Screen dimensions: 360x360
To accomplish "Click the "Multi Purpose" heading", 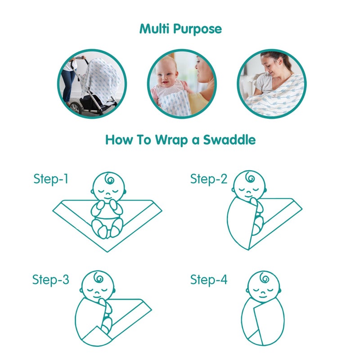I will pos(180,29).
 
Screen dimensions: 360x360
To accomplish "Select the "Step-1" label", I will pos(51,179).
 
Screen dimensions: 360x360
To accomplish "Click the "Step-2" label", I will pos(209,179).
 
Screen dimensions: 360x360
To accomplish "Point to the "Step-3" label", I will pos(51,279).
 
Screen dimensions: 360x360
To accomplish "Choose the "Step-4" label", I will pos(209,279).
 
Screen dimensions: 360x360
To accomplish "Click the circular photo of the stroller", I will pos(92,84).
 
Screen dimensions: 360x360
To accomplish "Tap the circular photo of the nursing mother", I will pos(271,84).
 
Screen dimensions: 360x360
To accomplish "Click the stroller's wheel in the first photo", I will pos(74,108).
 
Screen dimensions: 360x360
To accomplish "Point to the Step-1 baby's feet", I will pos(108,231).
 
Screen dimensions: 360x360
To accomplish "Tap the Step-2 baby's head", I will pos(249,185).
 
